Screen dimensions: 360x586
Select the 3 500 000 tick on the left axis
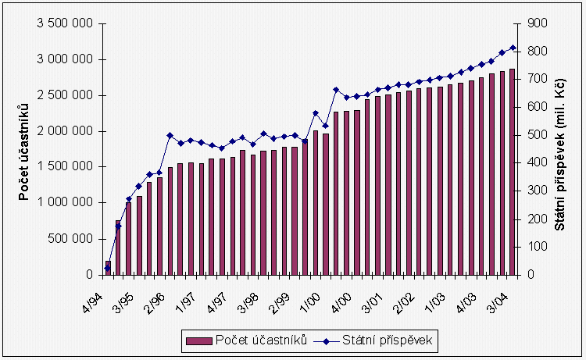tap(66, 23)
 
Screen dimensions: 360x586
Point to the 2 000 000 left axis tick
tap(66, 131)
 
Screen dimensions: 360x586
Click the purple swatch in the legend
tap(198, 340)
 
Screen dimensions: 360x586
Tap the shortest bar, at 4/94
tap(108, 268)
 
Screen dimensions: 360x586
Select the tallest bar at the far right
tap(513, 172)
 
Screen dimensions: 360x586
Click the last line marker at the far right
tap(513, 48)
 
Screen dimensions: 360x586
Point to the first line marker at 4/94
tap(108, 269)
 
